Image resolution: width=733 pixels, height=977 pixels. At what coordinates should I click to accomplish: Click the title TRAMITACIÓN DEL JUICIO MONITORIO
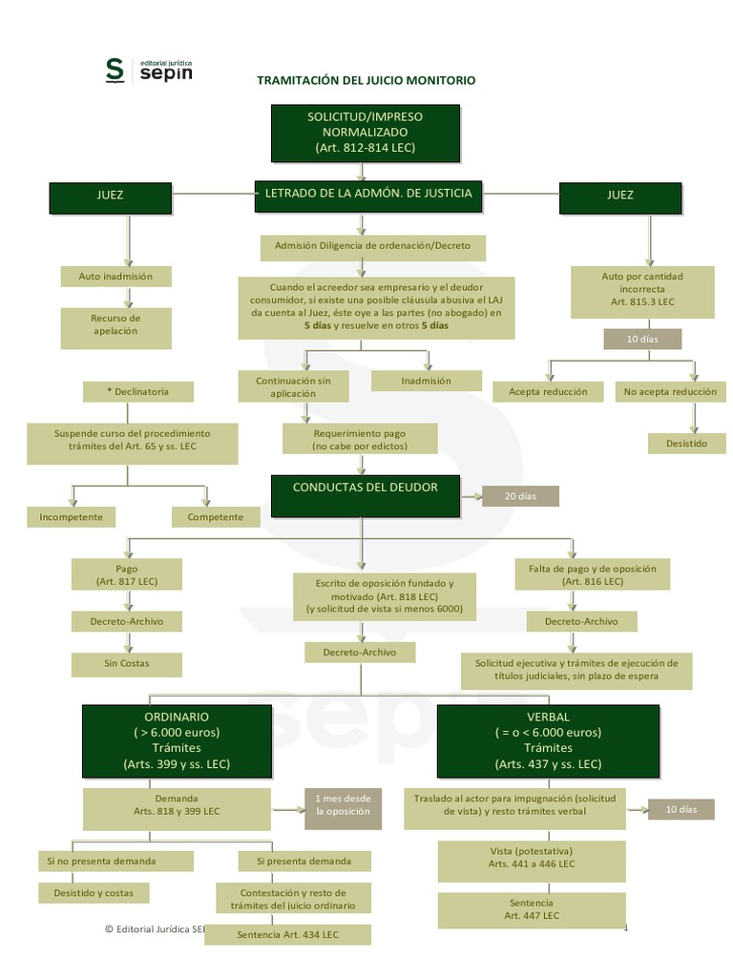tap(366, 80)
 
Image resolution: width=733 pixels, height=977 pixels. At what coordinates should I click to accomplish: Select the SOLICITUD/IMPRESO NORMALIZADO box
tap(366, 133)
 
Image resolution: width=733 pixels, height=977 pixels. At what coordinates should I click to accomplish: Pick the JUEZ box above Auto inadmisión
tap(110, 196)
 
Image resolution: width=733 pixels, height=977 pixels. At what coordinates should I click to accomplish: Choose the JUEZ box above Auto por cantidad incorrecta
tap(619, 196)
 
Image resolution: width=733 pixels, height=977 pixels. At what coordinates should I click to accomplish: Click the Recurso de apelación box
tap(115, 324)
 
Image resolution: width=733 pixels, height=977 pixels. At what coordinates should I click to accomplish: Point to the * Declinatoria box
tap(138, 391)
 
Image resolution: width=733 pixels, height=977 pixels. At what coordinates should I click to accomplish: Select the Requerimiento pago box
tap(360, 439)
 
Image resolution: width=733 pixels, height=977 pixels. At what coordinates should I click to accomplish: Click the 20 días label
tap(520, 496)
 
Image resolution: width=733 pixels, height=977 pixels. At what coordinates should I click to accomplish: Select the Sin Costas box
tap(127, 662)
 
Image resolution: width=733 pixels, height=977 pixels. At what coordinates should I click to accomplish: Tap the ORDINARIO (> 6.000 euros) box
tap(176, 740)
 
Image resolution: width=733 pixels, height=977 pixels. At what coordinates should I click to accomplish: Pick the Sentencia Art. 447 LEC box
tap(532, 908)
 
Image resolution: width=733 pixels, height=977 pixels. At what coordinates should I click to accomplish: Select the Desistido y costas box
tap(94, 893)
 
